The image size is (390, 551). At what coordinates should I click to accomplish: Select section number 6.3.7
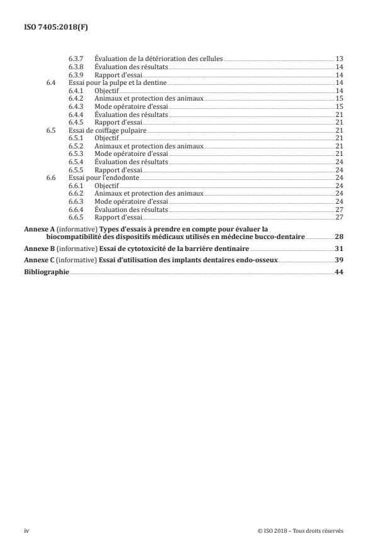click(77, 58)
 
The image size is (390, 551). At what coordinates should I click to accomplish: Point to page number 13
click(338, 58)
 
